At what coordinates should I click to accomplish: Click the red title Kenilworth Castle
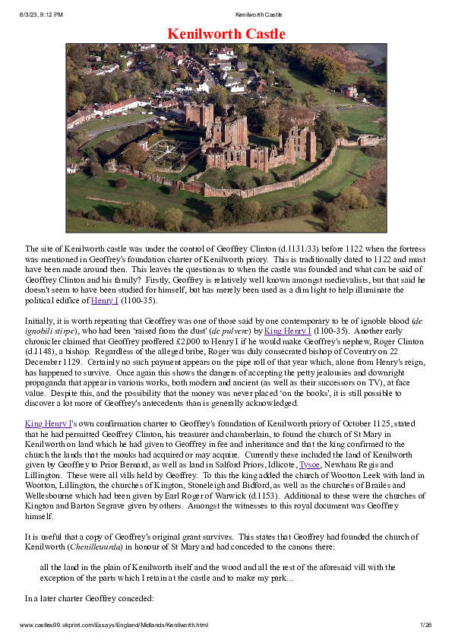coord(226,34)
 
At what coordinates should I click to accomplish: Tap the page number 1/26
coord(425,625)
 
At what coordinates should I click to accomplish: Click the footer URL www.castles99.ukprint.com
coord(113,625)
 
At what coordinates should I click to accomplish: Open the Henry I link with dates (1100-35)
coord(105,301)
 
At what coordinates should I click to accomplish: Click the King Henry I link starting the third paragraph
coord(49,422)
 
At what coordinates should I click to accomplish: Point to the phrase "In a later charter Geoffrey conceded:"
coord(90,598)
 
